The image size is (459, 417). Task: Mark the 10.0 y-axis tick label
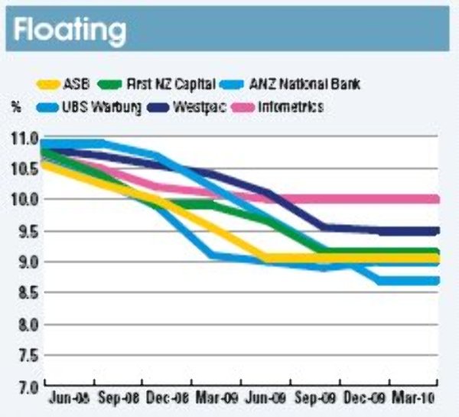pyautogui.click(x=24, y=200)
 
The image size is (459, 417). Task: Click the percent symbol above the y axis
pyautogui.click(x=16, y=107)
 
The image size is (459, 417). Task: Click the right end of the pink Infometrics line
pyautogui.click(x=437, y=199)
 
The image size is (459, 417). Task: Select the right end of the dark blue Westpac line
pyautogui.click(x=437, y=230)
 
